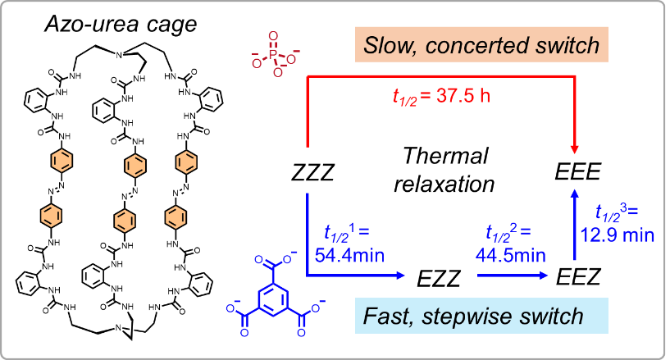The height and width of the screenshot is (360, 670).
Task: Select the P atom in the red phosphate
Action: (x=274, y=51)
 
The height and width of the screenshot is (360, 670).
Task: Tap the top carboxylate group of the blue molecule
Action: (x=276, y=263)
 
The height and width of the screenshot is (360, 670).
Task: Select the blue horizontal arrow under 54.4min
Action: (x=357, y=276)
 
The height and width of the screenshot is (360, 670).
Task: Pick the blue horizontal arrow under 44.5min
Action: (x=513, y=276)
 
